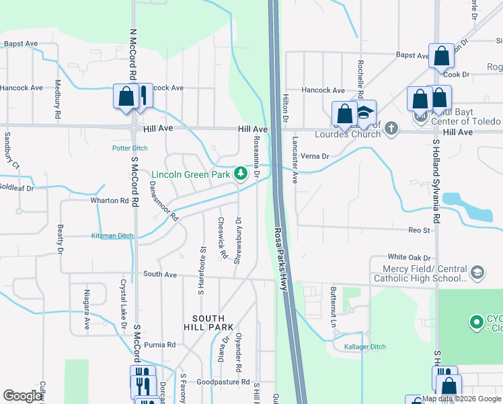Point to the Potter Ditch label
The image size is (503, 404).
pos(129,148)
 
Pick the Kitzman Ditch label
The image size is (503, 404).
pos(112,236)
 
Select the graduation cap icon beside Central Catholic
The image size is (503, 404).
pos(477,273)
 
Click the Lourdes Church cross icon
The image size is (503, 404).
pos(390,133)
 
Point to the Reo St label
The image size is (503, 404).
pos(419,230)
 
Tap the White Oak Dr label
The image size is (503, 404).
pos(409,257)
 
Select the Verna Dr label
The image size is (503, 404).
pos(315,156)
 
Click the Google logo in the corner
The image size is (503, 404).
pos(23,396)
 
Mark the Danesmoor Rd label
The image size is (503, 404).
pos(163,201)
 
